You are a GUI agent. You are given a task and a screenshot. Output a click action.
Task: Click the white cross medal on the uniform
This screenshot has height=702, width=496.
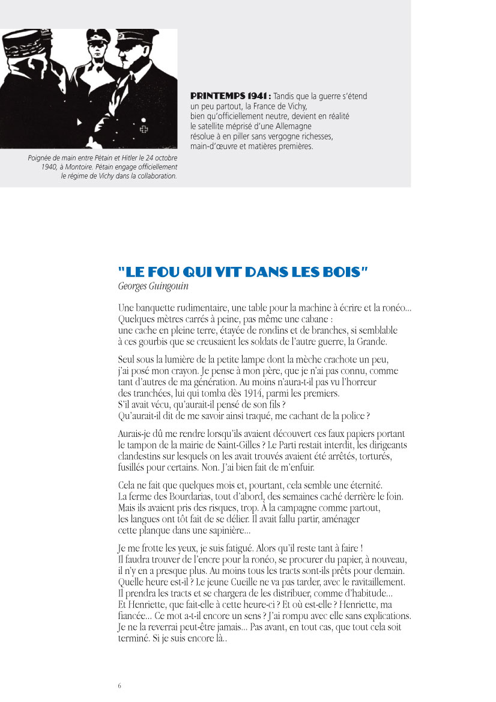[x=144, y=129]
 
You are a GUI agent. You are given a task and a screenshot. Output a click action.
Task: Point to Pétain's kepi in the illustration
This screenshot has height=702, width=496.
[x=20, y=48]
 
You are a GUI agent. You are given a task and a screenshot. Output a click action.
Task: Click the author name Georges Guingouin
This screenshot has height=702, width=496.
[x=153, y=287]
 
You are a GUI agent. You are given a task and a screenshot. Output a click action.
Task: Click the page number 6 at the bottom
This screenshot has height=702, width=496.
[x=119, y=685]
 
